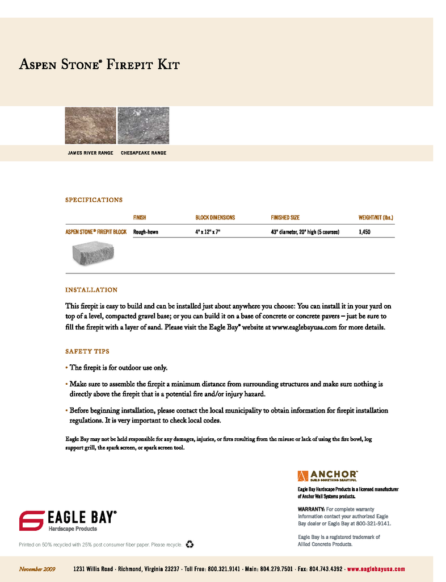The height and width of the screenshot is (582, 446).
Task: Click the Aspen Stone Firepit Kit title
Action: coord(99,64)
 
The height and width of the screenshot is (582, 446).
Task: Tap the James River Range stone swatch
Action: coord(90,125)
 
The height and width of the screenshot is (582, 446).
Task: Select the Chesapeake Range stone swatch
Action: coord(143,125)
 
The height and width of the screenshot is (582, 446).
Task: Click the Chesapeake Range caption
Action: coord(144,153)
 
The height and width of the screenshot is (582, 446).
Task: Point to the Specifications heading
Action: coord(94,200)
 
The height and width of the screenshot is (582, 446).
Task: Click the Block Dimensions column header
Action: coord(215,218)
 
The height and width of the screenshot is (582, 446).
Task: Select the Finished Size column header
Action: coord(285,218)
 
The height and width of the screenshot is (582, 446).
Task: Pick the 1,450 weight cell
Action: coord(364,232)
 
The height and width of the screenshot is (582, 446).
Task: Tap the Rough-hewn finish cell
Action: coord(146,232)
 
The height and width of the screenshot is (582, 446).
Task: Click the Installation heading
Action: coord(91,290)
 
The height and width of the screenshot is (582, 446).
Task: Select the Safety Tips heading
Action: coord(87,351)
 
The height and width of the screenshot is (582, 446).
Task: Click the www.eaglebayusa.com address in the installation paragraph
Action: coord(305,327)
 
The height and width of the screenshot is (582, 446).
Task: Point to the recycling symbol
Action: coord(190,544)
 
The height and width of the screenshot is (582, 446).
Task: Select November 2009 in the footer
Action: coord(37,569)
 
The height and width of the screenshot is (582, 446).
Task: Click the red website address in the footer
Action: coord(376,569)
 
